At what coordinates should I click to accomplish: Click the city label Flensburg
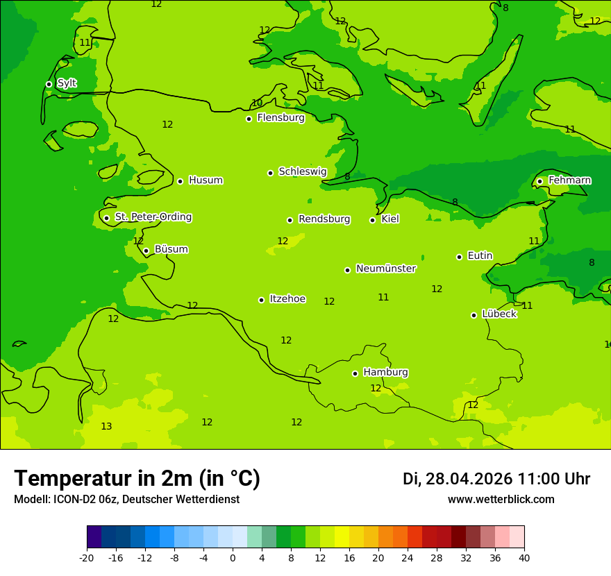click(x=281, y=118)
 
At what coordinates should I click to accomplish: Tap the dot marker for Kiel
click(x=372, y=220)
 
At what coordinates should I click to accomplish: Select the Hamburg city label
click(x=385, y=373)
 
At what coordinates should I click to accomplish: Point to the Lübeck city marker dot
click(x=474, y=315)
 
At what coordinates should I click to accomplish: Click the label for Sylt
click(x=67, y=83)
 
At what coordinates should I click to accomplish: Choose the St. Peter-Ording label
click(x=153, y=217)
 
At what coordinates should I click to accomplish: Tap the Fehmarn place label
click(x=569, y=180)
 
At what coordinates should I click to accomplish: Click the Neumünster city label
click(x=385, y=269)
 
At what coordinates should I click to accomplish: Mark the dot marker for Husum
click(x=180, y=181)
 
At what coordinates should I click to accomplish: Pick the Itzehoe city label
click(x=287, y=299)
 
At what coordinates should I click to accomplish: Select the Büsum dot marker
click(x=146, y=251)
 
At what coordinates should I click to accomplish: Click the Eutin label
click(x=480, y=256)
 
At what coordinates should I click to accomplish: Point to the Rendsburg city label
click(x=324, y=219)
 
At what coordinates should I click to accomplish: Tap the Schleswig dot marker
click(x=270, y=173)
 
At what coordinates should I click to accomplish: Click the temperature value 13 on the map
click(x=106, y=427)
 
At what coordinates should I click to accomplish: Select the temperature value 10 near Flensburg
click(x=257, y=103)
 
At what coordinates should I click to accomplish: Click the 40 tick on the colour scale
click(x=524, y=557)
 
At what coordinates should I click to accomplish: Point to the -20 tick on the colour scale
click(x=87, y=557)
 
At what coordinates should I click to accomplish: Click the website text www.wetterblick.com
click(x=501, y=500)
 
